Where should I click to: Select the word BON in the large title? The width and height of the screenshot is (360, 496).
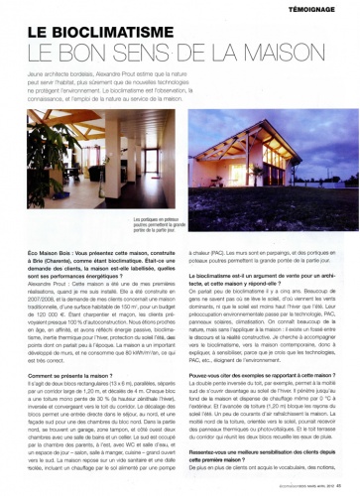(116, 48)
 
